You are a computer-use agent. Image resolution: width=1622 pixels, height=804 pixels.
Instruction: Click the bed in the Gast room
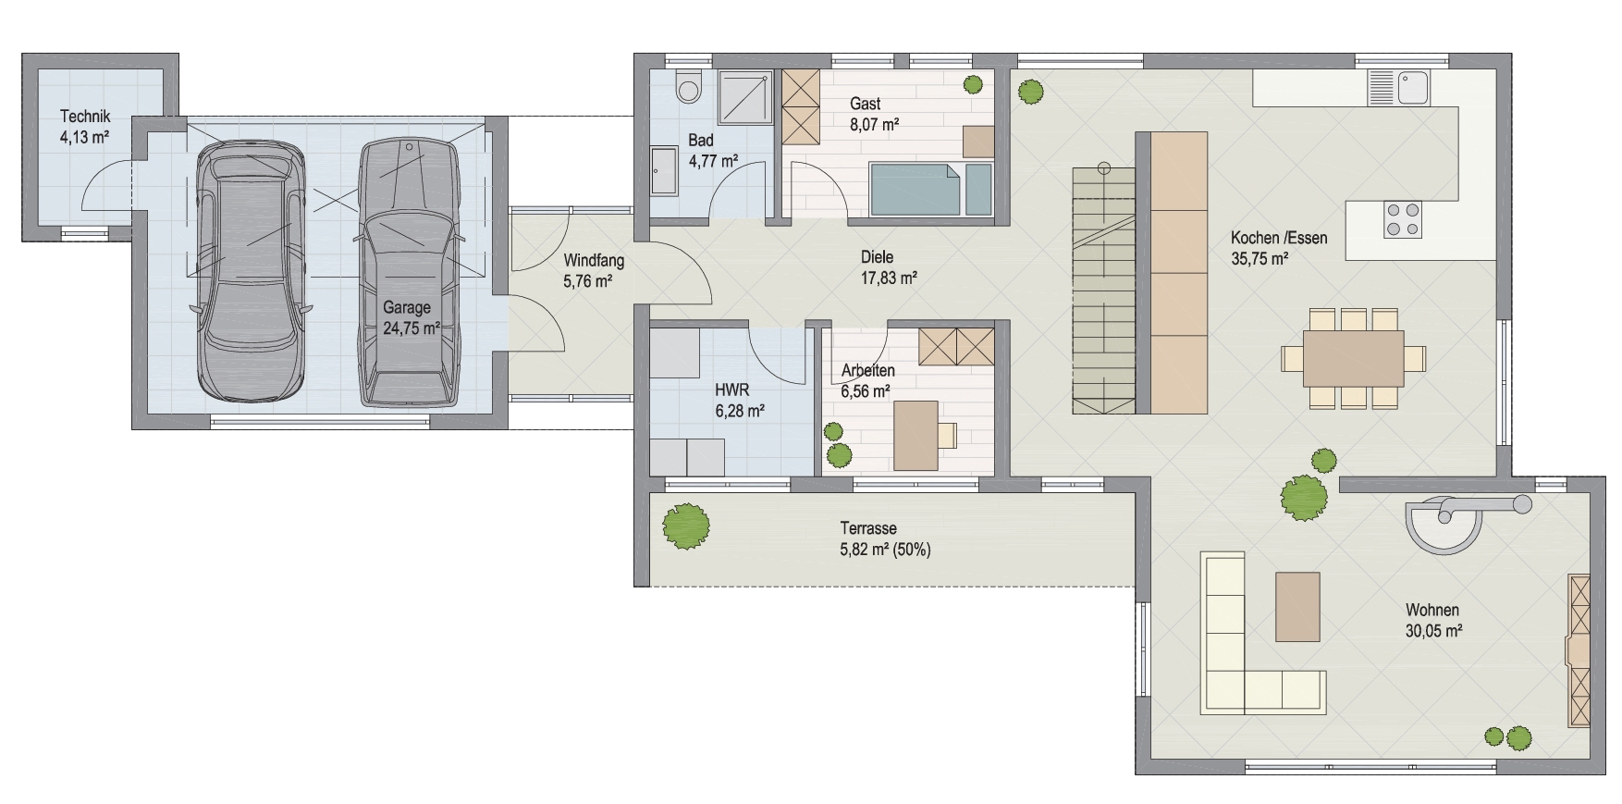(x=929, y=190)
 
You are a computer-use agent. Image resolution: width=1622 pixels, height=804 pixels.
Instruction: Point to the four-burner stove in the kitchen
(x=1402, y=218)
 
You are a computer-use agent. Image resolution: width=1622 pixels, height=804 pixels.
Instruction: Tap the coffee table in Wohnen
(x=1297, y=606)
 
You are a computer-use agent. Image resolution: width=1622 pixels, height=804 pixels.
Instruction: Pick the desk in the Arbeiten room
(x=915, y=435)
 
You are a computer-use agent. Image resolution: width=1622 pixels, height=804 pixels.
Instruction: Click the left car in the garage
(x=250, y=269)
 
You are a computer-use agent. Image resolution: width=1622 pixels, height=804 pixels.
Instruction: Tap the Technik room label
(x=85, y=117)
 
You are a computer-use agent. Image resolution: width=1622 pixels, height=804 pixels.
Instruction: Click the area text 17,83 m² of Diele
(x=889, y=277)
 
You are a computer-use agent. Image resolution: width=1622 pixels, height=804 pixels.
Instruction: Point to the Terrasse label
(x=868, y=528)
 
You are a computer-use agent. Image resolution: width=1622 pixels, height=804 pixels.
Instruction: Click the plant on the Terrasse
(x=687, y=527)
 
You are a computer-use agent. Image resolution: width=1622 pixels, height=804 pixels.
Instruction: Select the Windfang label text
(x=594, y=262)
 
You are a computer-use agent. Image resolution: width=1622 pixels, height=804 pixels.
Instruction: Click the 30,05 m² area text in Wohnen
(x=1433, y=631)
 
